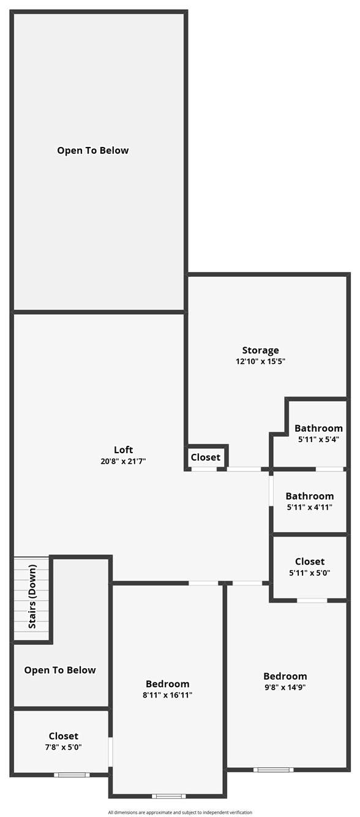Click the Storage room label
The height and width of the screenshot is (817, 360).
260,350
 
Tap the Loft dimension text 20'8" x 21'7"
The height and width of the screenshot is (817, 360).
123,461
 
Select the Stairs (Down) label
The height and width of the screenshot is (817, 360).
32,597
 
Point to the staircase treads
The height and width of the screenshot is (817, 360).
31,598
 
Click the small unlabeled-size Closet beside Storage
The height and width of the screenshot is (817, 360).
205,457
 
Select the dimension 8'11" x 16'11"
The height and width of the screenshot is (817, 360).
167,695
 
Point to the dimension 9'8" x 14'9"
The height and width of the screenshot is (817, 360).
285,688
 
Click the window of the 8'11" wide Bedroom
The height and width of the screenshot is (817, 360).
169,796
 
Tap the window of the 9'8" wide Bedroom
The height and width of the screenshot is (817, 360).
274,770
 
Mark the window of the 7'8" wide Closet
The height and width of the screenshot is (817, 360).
72,775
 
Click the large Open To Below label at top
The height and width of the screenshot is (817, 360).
92,150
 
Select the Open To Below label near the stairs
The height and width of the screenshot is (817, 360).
60,670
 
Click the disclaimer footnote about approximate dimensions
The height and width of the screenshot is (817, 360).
180,812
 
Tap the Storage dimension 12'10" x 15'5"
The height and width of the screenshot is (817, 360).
260,361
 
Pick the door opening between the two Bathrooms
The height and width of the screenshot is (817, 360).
330,469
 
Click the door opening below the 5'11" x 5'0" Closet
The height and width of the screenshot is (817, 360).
312,600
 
